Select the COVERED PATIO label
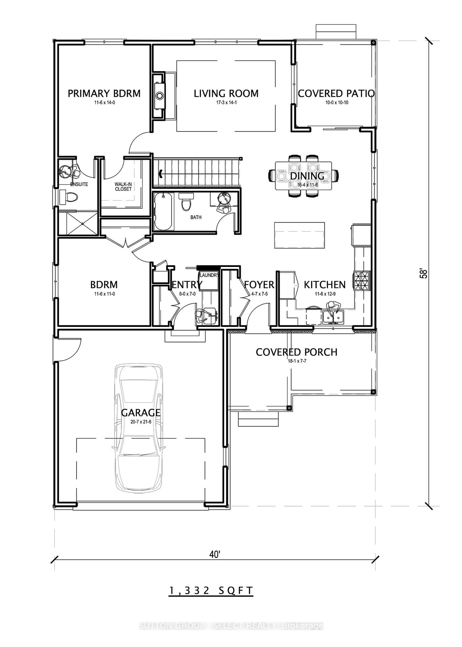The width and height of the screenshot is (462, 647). coord(336,94)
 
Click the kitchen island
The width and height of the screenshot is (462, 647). coord(299,235)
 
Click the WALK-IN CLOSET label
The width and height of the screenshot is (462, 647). coord(123,187)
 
